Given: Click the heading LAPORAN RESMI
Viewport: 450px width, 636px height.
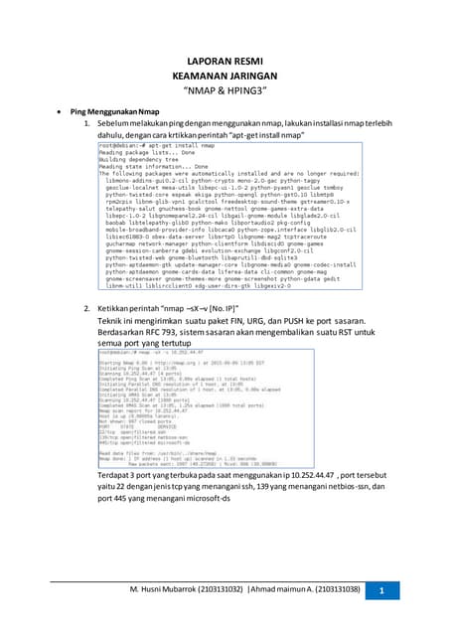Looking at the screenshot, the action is (225, 60).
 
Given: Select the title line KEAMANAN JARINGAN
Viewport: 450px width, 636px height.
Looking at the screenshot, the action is (225, 76).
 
